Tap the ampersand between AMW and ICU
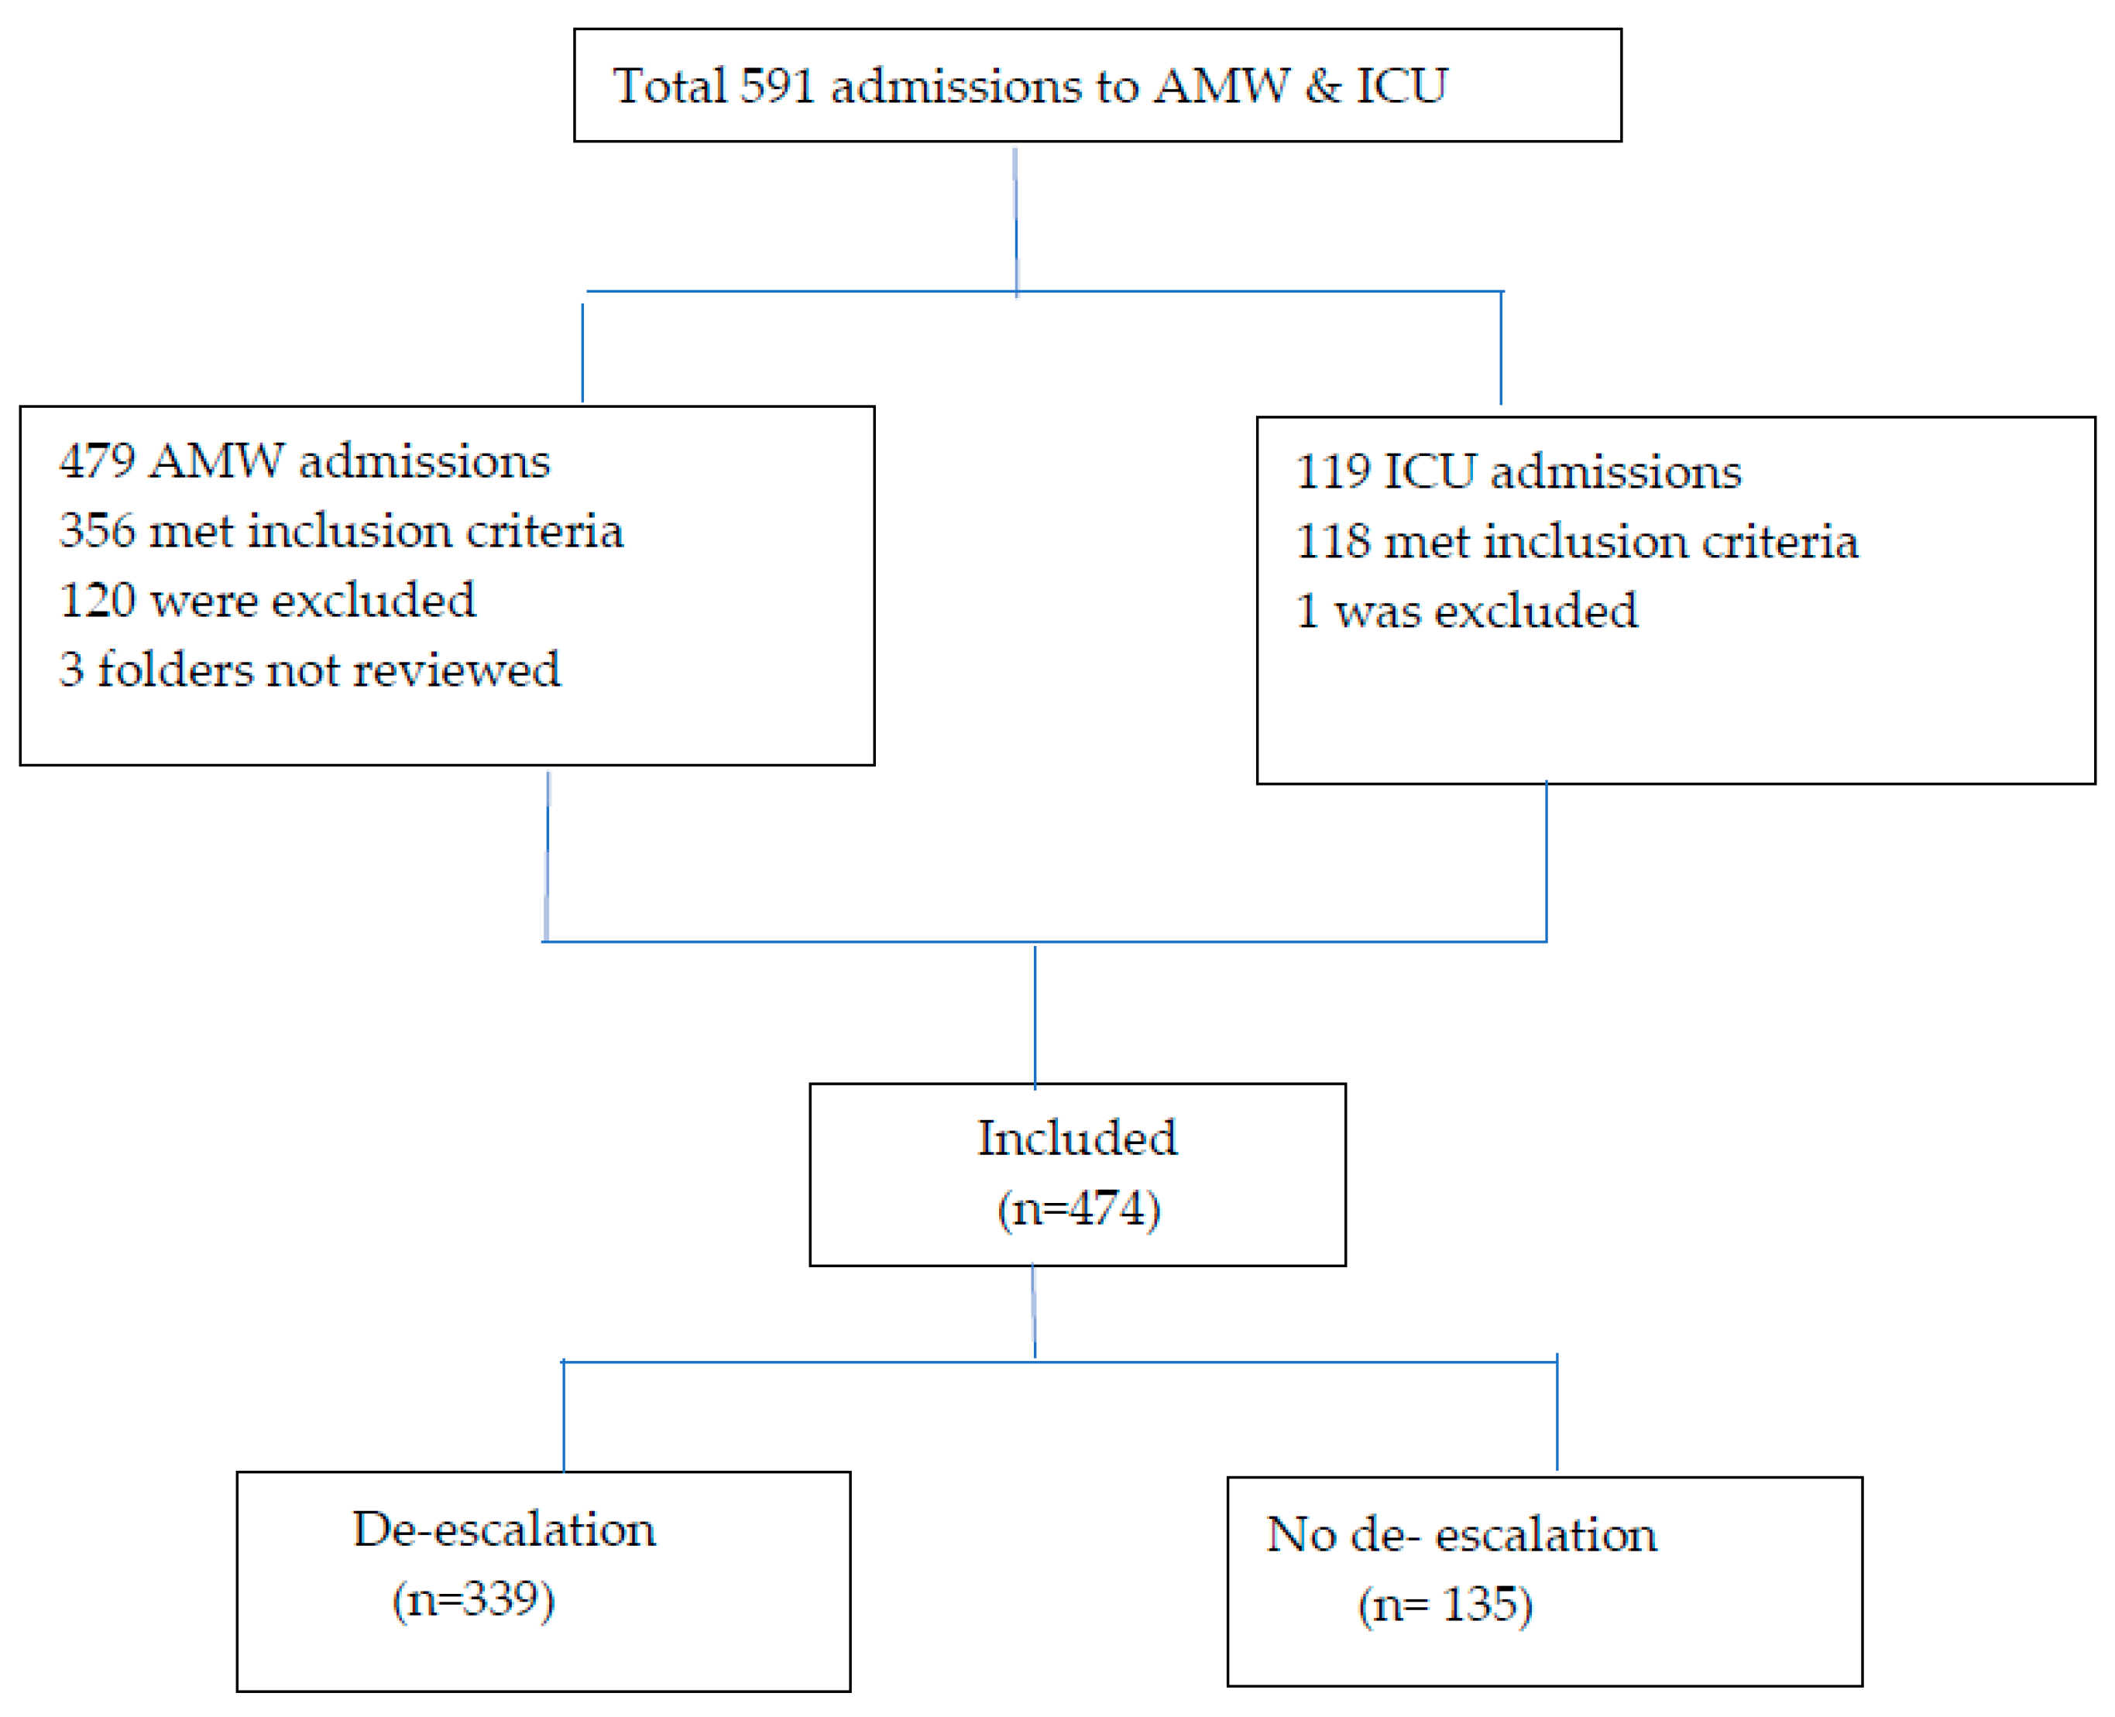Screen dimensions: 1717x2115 (x=1323, y=86)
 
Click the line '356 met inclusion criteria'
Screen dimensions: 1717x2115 (x=342, y=531)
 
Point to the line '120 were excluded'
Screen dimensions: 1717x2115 (x=267, y=601)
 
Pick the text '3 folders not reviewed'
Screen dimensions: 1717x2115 (x=310, y=670)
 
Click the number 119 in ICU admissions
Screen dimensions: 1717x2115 (x=1333, y=471)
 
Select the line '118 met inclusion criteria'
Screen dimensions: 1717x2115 (x=1577, y=542)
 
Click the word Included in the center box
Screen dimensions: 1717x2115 (x=1077, y=1139)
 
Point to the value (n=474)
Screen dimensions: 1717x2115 (x=1078, y=1208)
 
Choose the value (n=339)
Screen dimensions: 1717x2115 (x=474, y=1600)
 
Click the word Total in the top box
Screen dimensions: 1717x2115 (x=670, y=86)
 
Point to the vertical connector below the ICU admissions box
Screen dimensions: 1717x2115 (x=1547, y=861)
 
